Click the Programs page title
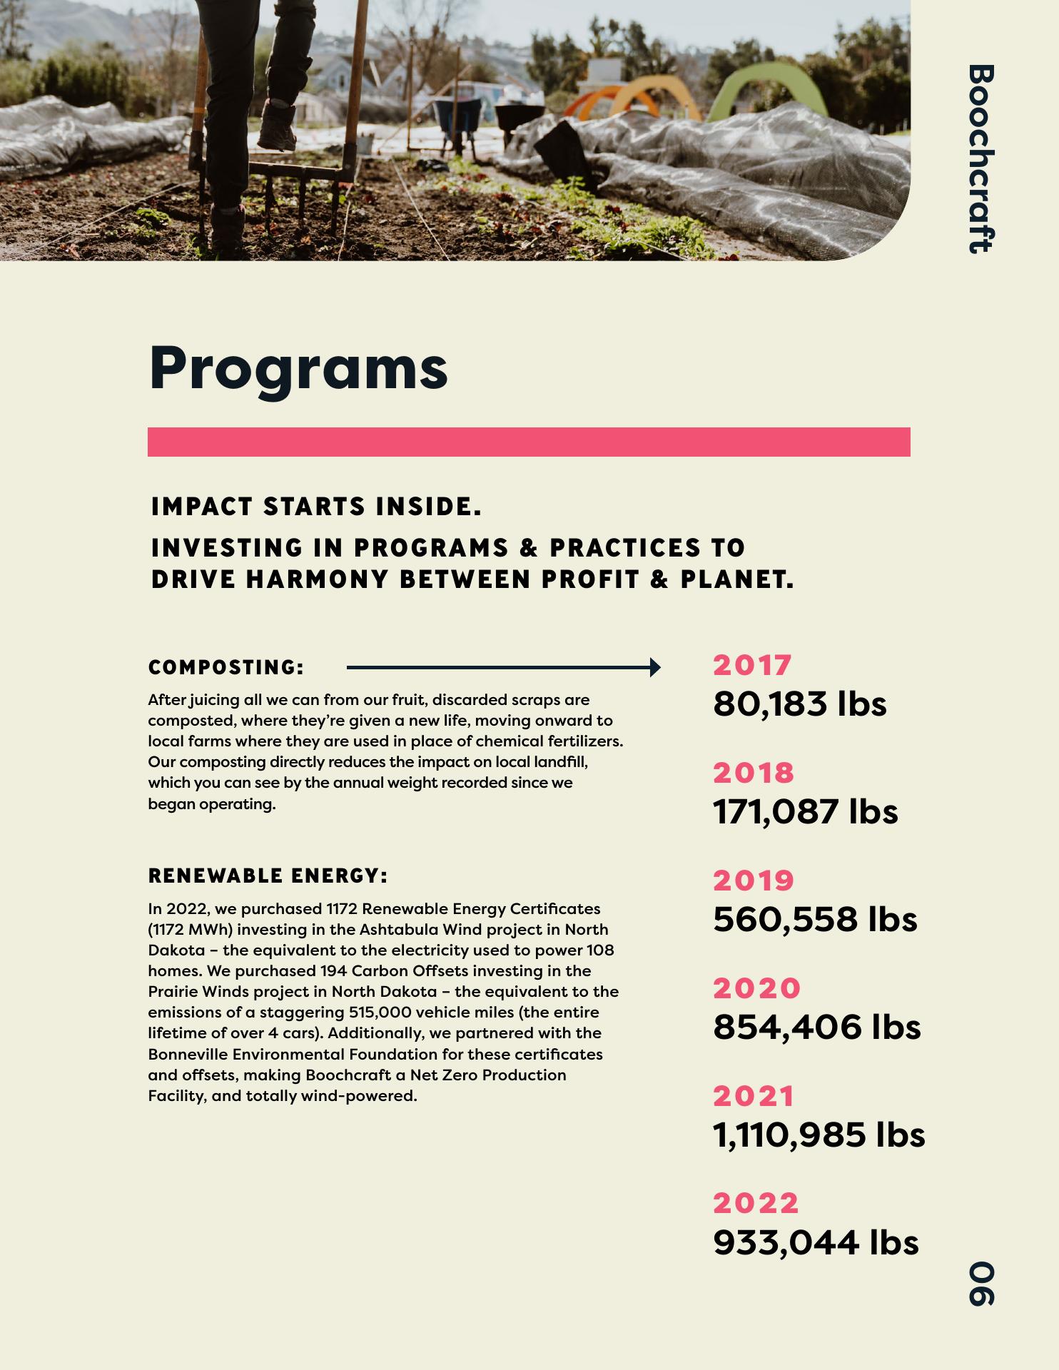[x=298, y=368]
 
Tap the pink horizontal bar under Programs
[x=529, y=442]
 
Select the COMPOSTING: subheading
[x=226, y=668]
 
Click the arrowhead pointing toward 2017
[x=654, y=668]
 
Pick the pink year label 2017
[x=752, y=665]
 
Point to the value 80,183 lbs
[x=799, y=704]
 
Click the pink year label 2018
[x=754, y=773]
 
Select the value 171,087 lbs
[x=805, y=811]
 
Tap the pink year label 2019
[x=754, y=881]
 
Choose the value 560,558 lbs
[x=815, y=919]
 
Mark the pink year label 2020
[x=756, y=988]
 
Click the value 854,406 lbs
[x=816, y=1027]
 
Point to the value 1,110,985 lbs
[x=819, y=1135]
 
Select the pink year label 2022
[x=756, y=1204]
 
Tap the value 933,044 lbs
[x=816, y=1242]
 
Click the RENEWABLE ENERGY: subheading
[x=268, y=876]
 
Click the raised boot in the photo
[x=277, y=126]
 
